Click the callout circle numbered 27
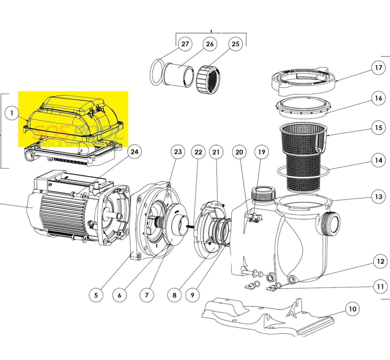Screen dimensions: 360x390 click(185, 44)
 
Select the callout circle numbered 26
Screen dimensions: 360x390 click(210, 44)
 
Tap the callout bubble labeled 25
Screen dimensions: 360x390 click(235, 44)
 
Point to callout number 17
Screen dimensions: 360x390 click(379, 68)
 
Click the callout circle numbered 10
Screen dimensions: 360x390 click(352, 309)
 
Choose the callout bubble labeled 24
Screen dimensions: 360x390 click(134, 152)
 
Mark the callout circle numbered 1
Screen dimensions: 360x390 click(12, 113)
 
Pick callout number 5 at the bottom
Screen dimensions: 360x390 click(96, 295)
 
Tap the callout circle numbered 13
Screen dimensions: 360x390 click(379, 196)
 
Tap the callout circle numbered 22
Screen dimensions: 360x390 click(198, 152)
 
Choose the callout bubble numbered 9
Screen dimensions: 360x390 click(192, 295)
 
